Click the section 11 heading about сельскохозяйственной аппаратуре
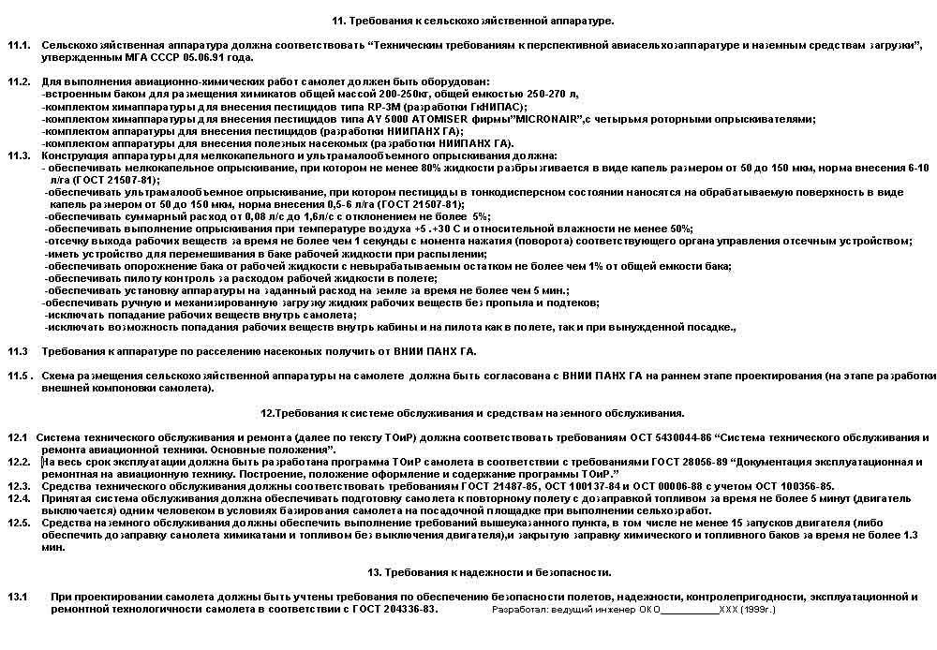(473, 20)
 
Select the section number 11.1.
(19, 45)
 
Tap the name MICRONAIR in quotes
(545, 119)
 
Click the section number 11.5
(19, 376)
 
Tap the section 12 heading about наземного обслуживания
(472, 412)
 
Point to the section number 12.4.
(19, 498)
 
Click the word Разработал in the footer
(518, 610)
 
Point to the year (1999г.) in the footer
(757, 610)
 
